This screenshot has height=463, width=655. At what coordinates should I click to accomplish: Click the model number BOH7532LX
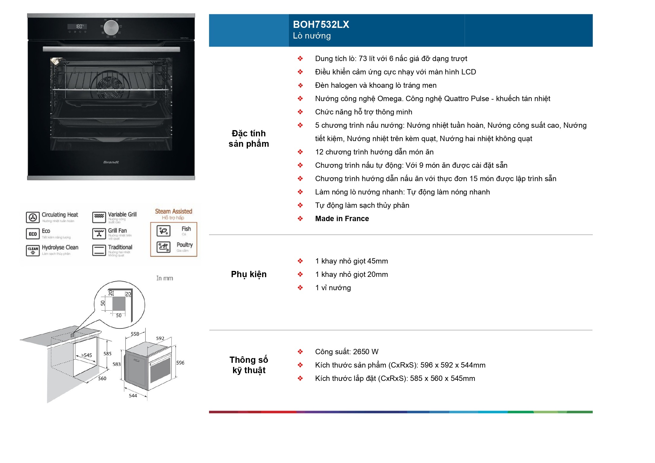(321, 24)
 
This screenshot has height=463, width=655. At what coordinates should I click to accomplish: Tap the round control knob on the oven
(111, 27)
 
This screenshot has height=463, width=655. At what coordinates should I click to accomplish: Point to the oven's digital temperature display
(77, 26)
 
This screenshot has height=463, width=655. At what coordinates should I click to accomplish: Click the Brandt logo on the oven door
(111, 162)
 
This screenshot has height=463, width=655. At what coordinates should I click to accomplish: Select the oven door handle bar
(111, 49)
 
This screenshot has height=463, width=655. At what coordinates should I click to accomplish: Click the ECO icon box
(33, 234)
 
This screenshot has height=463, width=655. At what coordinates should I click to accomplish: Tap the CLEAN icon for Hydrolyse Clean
(33, 250)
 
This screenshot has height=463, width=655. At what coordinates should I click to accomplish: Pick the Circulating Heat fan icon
(33, 217)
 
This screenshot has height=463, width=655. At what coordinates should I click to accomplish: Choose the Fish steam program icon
(163, 231)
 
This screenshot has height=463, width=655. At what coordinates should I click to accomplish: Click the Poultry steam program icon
(163, 247)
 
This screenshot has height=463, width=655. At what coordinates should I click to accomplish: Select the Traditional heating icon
(99, 250)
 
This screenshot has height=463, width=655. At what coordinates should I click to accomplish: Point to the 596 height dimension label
(180, 363)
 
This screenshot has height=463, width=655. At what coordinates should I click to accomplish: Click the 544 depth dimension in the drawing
(133, 396)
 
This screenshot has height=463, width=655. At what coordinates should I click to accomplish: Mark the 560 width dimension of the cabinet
(102, 378)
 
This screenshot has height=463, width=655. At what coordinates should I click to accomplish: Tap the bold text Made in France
(342, 219)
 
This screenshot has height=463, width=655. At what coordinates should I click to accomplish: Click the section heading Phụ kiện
(248, 274)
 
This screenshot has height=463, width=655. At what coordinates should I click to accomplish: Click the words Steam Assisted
(173, 211)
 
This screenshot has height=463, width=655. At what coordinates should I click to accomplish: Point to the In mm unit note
(165, 278)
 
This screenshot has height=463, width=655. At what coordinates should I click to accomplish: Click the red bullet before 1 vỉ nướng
(300, 288)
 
